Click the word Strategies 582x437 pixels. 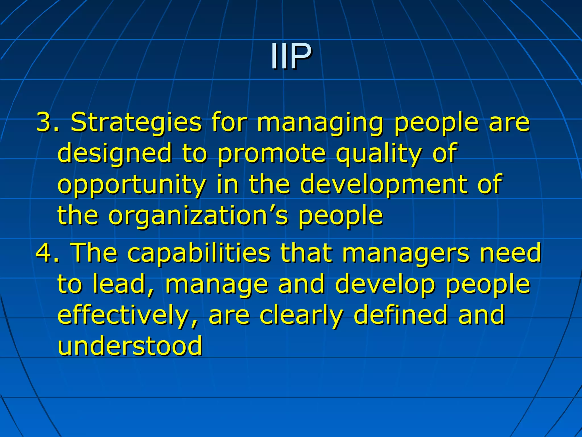(x=136, y=123)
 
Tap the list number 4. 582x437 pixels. (x=45, y=252)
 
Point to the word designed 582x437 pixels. (x=115, y=154)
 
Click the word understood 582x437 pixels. (x=130, y=346)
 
